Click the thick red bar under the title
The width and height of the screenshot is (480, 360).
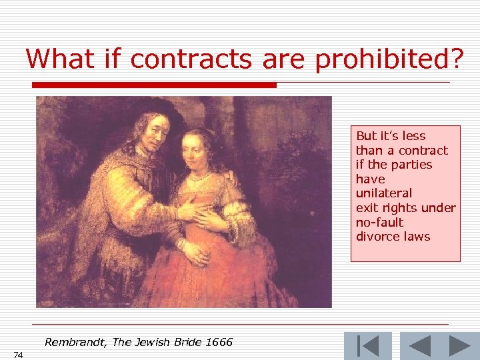(154, 85)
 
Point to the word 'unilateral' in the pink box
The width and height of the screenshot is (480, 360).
(384, 193)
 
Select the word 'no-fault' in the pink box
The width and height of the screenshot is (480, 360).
(380, 222)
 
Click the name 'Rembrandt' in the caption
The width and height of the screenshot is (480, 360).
(75, 343)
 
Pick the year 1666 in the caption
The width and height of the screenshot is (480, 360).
(219, 343)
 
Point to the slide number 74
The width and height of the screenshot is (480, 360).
(17, 355)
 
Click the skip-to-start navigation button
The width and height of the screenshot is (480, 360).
(367, 346)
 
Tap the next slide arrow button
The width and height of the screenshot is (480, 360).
(460, 346)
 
